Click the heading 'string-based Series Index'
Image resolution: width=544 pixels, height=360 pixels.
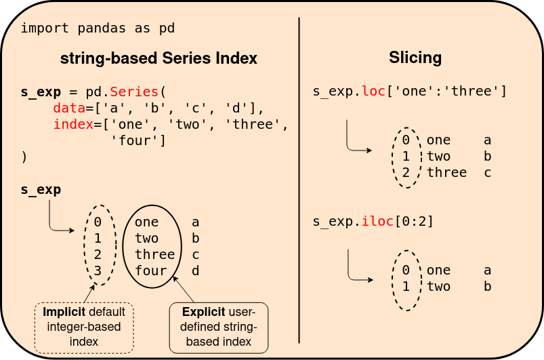click(x=159, y=58)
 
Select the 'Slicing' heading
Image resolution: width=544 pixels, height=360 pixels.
click(x=415, y=58)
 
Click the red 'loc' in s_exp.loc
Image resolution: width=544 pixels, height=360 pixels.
click(x=373, y=92)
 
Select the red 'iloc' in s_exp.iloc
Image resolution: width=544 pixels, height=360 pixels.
click(x=377, y=222)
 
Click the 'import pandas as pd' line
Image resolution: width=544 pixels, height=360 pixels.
click(x=98, y=28)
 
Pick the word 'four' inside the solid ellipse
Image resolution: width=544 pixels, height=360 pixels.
click(x=151, y=271)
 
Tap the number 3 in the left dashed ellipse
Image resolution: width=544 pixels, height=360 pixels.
click(x=98, y=271)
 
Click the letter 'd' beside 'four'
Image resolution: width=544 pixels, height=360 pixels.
click(x=196, y=271)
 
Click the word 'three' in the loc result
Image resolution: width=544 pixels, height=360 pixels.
click(x=446, y=173)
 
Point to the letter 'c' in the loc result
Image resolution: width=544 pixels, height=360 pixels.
click(x=487, y=173)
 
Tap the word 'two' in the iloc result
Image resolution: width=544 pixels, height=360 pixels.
click(x=438, y=287)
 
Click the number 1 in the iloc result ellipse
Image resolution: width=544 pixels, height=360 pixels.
click(x=406, y=287)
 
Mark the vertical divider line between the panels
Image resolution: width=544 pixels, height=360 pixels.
click(x=299, y=180)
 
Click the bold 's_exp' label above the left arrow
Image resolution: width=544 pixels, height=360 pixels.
click(x=41, y=190)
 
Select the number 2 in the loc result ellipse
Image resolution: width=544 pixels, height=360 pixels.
click(x=406, y=173)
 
